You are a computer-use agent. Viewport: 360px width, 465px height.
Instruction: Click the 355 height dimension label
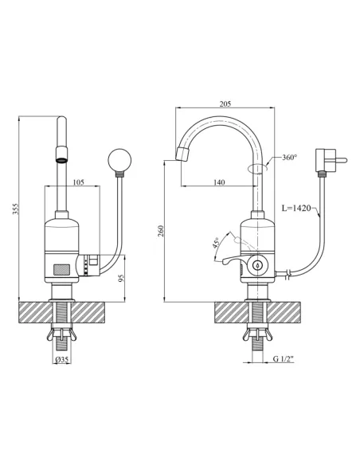(17, 209)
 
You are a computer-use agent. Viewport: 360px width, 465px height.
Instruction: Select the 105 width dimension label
(78, 182)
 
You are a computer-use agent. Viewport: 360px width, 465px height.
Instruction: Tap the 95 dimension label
(121, 278)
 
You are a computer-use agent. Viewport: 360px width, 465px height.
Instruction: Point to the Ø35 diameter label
(62, 359)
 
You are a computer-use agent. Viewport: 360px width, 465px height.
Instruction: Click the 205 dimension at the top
(225, 104)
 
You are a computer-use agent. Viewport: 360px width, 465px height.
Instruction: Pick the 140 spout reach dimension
(219, 182)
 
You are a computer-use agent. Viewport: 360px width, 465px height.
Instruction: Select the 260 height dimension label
(161, 231)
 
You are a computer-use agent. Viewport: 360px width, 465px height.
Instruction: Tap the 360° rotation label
(289, 157)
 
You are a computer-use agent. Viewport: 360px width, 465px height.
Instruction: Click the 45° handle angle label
(216, 243)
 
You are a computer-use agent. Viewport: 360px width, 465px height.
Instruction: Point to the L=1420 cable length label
(296, 208)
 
